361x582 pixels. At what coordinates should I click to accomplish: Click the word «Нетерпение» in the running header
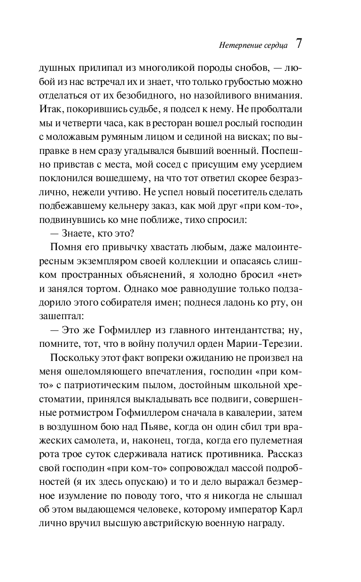pyautogui.click(x=236, y=46)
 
